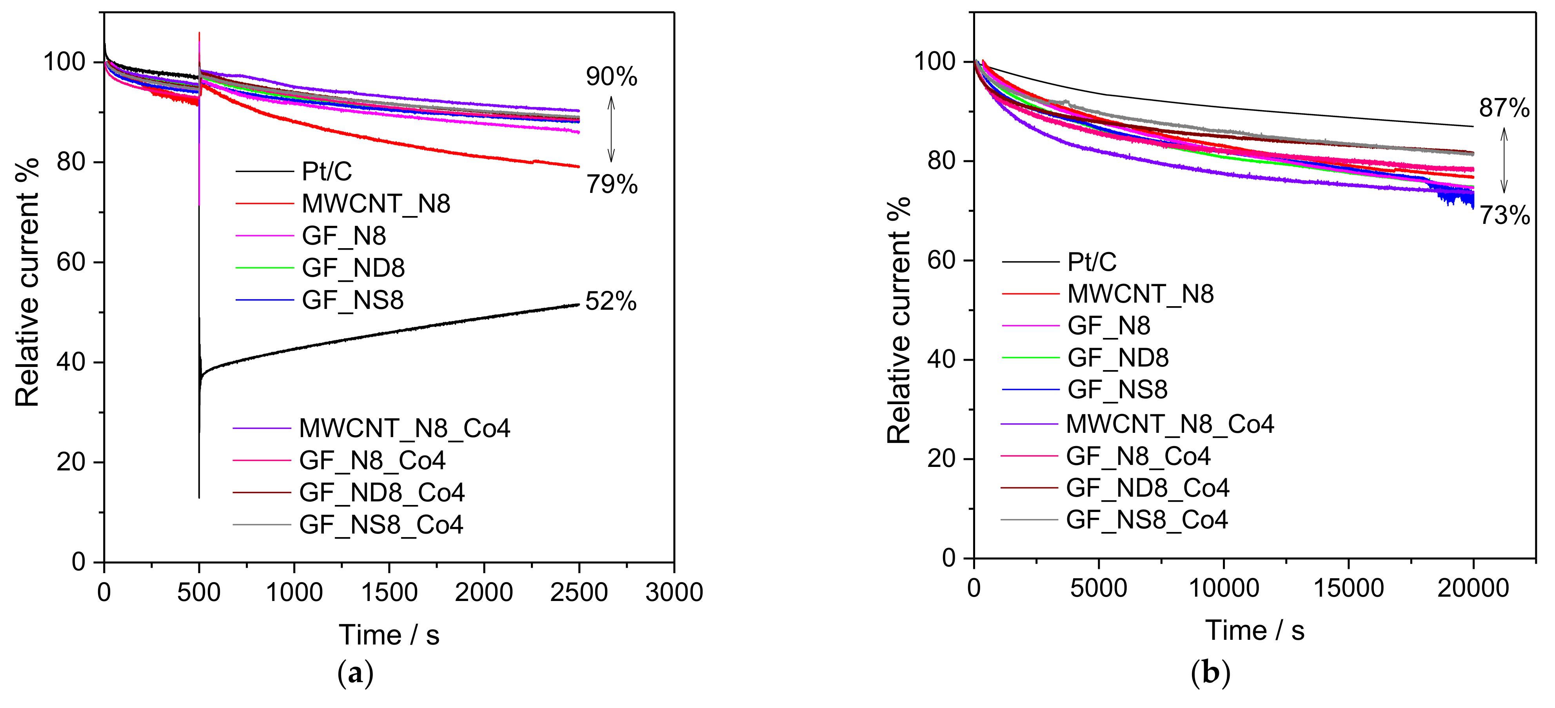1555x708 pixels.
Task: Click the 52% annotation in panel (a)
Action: click(610, 301)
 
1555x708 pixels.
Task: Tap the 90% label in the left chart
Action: click(611, 77)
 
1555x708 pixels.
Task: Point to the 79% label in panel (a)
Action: click(611, 184)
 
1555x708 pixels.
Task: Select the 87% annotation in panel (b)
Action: click(1504, 108)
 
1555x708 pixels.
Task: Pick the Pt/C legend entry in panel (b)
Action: click(1092, 262)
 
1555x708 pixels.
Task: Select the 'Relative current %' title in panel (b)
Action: click(899, 320)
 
